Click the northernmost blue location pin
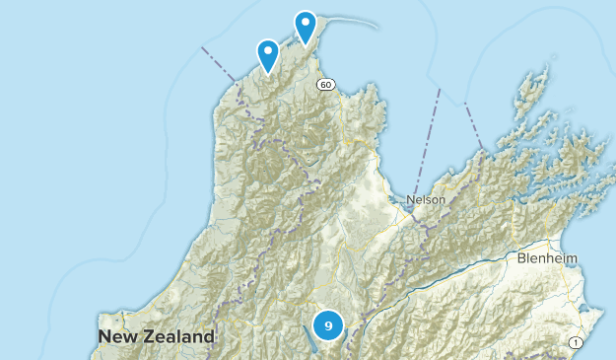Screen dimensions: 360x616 pyautogui.click(x=307, y=26)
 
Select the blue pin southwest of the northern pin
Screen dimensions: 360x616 pyautogui.click(x=267, y=53)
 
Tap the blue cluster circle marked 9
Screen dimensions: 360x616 pyautogui.click(x=328, y=324)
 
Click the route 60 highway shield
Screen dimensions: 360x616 pyautogui.click(x=326, y=84)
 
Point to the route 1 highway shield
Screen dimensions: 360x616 pyautogui.click(x=576, y=342)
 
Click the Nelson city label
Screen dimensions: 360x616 pyautogui.click(x=426, y=199)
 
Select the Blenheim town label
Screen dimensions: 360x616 pyautogui.click(x=547, y=258)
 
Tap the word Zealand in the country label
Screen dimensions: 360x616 pyautogui.click(x=178, y=336)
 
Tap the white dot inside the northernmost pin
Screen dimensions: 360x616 pyautogui.click(x=307, y=22)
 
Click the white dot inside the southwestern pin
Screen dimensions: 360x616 pyautogui.click(x=267, y=49)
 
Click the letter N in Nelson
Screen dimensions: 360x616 pyautogui.click(x=410, y=199)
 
